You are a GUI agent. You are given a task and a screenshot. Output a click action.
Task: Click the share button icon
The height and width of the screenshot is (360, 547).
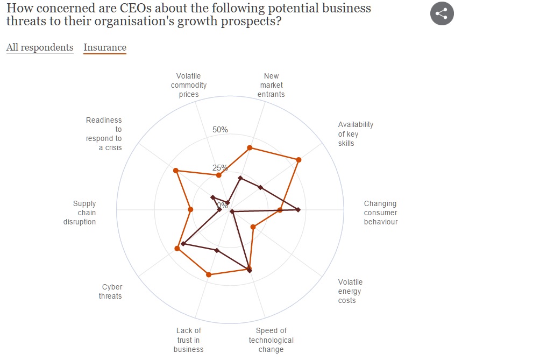pyautogui.click(x=442, y=13)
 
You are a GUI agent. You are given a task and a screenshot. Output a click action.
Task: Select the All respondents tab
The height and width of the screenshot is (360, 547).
pyautogui.click(x=40, y=47)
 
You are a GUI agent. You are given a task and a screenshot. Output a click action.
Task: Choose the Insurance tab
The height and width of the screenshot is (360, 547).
pyautogui.click(x=105, y=47)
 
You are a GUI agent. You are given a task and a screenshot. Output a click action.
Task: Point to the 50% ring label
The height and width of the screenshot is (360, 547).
pyautogui.click(x=220, y=130)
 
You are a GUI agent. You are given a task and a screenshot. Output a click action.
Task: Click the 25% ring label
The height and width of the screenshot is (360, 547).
pyautogui.click(x=220, y=167)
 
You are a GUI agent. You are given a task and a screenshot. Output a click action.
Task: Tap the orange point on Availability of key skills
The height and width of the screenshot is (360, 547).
pyautogui.click(x=299, y=160)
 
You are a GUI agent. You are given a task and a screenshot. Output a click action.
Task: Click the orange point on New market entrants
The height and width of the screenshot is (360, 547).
pyautogui.click(x=250, y=147)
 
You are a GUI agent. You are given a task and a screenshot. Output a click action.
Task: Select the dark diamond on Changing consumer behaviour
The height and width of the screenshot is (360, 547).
pyautogui.click(x=298, y=210)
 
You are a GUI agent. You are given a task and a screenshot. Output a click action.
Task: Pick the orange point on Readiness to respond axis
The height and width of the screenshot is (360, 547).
pyautogui.click(x=175, y=171)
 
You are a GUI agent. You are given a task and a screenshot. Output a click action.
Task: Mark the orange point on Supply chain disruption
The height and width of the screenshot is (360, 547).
pyautogui.click(x=190, y=209)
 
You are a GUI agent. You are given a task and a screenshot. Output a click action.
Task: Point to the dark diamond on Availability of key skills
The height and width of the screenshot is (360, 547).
pyautogui.click(x=260, y=187)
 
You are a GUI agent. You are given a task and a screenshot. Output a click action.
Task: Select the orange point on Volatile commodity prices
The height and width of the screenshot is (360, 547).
pyautogui.click(x=218, y=175)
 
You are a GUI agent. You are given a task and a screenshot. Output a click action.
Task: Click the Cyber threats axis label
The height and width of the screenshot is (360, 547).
pyautogui.click(x=110, y=292)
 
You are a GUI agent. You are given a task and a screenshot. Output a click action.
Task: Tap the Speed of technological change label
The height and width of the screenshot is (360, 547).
pyautogui.click(x=271, y=340)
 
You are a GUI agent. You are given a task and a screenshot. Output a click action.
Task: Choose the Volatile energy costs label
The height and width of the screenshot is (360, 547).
pyautogui.click(x=350, y=291)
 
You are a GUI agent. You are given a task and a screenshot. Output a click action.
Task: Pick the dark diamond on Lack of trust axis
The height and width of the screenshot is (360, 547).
pyautogui.click(x=217, y=250)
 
